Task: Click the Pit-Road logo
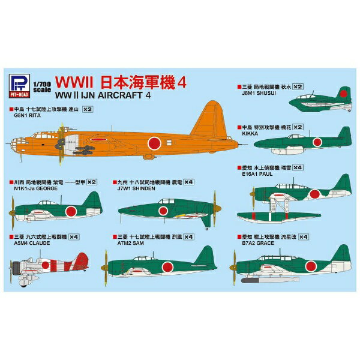point(19,85)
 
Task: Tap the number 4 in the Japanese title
point(182,82)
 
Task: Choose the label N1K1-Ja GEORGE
point(35,187)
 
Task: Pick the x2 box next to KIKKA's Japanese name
point(298,127)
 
